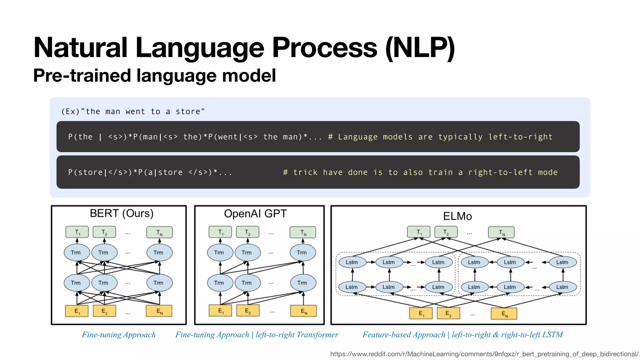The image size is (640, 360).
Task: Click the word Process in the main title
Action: (x=325, y=47)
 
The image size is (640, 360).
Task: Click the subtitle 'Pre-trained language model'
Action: (x=154, y=76)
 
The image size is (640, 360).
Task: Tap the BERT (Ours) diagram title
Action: (x=122, y=213)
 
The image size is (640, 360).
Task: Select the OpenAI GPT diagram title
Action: (x=255, y=214)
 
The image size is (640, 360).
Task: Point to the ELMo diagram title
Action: (x=457, y=216)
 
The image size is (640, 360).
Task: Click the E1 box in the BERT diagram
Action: (x=77, y=311)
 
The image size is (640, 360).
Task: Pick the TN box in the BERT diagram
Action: (x=159, y=232)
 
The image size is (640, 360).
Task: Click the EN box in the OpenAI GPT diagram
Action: (x=303, y=311)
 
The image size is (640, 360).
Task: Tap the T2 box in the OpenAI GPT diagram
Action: (x=247, y=232)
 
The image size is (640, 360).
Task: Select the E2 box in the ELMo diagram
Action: (x=448, y=313)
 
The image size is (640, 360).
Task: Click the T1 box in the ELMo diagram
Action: (x=419, y=232)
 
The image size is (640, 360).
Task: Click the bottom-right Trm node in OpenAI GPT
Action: (x=302, y=283)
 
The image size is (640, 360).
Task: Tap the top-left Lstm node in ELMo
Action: (x=352, y=262)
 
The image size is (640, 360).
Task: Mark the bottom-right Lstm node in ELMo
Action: (x=562, y=287)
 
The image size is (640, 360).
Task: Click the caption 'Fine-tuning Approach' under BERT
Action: (x=119, y=335)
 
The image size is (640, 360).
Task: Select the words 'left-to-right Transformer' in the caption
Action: (x=297, y=335)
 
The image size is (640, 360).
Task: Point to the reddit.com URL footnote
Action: (x=484, y=354)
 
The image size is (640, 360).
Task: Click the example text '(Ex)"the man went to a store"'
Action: (x=133, y=112)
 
